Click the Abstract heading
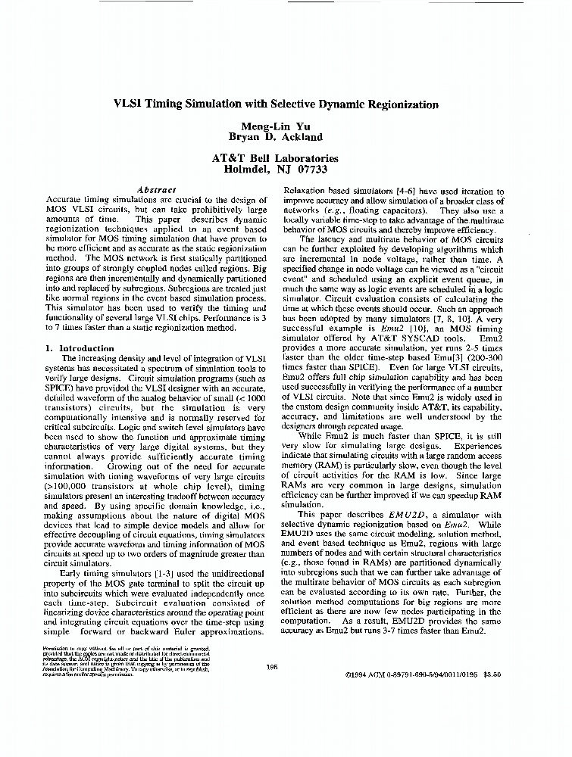pyautogui.click(x=157, y=190)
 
